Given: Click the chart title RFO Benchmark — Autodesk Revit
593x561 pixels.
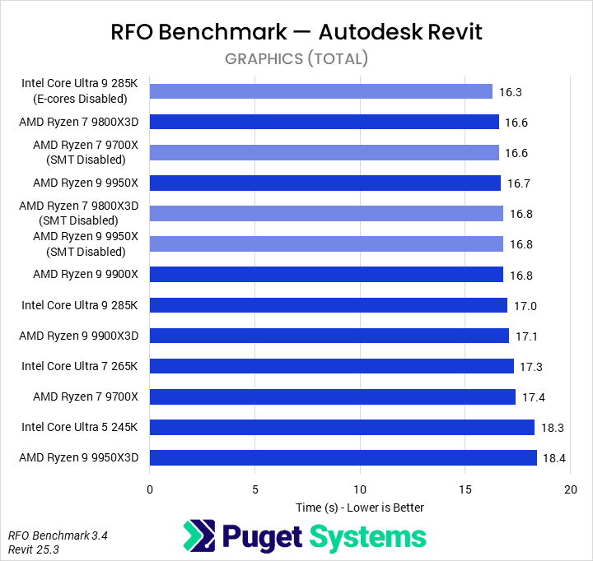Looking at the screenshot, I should (x=296, y=32).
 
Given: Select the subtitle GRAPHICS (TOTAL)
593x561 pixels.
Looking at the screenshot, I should (x=296, y=59).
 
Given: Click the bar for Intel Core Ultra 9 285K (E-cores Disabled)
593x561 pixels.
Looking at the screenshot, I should (x=321, y=91).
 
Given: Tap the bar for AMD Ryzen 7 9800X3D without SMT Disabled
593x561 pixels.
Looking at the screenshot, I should (x=325, y=122).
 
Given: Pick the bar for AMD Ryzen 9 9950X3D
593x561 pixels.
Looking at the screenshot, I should (x=343, y=457).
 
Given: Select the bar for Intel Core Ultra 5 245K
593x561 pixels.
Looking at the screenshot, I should (x=342, y=427).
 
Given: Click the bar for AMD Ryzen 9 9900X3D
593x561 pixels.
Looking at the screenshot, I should (x=329, y=336).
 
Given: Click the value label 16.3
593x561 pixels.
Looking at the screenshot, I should (x=511, y=92).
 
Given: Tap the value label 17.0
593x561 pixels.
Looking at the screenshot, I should (x=525, y=306).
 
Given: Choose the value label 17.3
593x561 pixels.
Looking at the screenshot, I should (x=532, y=367).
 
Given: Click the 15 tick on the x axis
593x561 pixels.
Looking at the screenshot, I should (x=465, y=489).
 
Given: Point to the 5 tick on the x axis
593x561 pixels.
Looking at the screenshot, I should (x=254, y=489).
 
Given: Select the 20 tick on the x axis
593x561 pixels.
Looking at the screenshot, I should (x=570, y=489).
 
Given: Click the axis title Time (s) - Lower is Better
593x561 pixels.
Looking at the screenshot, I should (x=360, y=508).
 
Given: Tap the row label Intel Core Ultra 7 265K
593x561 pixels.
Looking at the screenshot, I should (x=80, y=366).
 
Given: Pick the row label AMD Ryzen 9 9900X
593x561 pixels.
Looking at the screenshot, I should (x=86, y=275).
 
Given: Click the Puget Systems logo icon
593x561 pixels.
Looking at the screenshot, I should (x=200, y=536).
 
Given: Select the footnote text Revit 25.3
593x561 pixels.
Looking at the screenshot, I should (x=34, y=549).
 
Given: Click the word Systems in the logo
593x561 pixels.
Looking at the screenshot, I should (x=367, y=537).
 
